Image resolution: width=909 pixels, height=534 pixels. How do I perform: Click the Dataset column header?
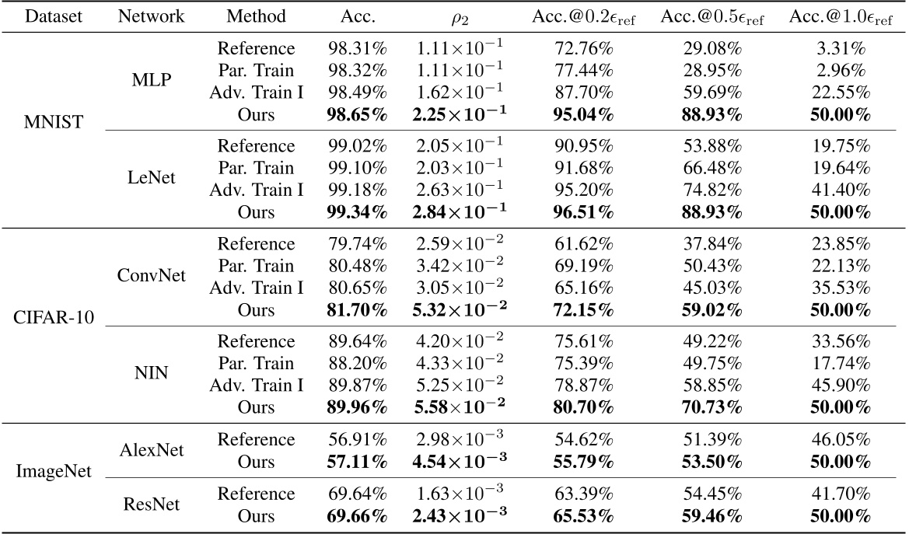coord(49,16)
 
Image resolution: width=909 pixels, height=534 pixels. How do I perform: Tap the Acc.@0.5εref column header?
coord(712,16)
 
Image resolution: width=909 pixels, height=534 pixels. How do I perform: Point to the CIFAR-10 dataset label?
coord(49,319)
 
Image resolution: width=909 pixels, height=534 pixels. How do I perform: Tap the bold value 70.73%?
coord(712,407)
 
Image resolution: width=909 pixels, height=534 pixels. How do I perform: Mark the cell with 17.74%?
coord(841,364)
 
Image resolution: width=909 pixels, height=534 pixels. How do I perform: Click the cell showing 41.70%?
coord(841,494)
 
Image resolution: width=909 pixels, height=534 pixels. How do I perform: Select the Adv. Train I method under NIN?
coord(257,386)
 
